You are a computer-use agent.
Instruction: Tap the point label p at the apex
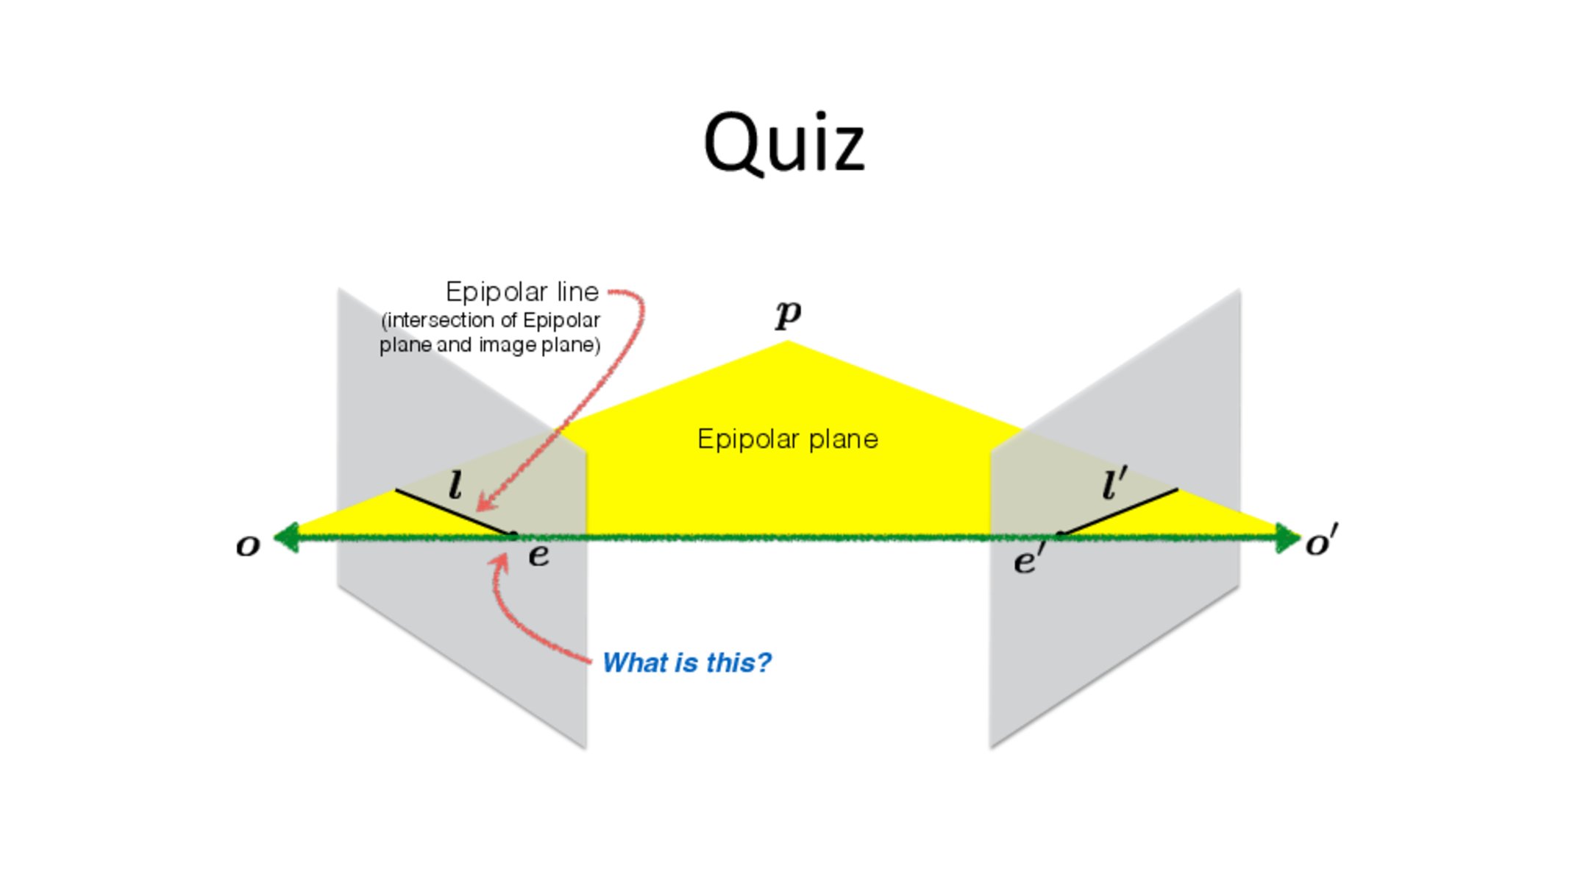tap(788, 315)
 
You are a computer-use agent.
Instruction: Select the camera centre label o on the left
tap(248, 546)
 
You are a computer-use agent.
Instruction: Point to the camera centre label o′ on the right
tap(1322, 541)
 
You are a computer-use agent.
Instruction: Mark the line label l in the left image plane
tap(455, 486)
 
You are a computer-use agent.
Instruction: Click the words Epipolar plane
tap(788, 439)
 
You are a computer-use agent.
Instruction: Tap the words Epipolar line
tap(522, 292)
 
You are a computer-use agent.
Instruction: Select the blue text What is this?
tap(687, 663)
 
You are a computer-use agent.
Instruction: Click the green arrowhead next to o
tap(286, 537)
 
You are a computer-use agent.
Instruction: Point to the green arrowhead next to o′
tap(1289, 538)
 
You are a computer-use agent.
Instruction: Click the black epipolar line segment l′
tap(1119, 511)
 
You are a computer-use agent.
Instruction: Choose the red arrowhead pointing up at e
tap(500, 563)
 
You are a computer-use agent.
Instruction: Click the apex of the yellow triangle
tap(788, 341)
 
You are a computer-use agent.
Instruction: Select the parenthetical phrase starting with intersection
tap(490, 333)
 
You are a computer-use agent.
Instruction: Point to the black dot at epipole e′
tap(1060, 534)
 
